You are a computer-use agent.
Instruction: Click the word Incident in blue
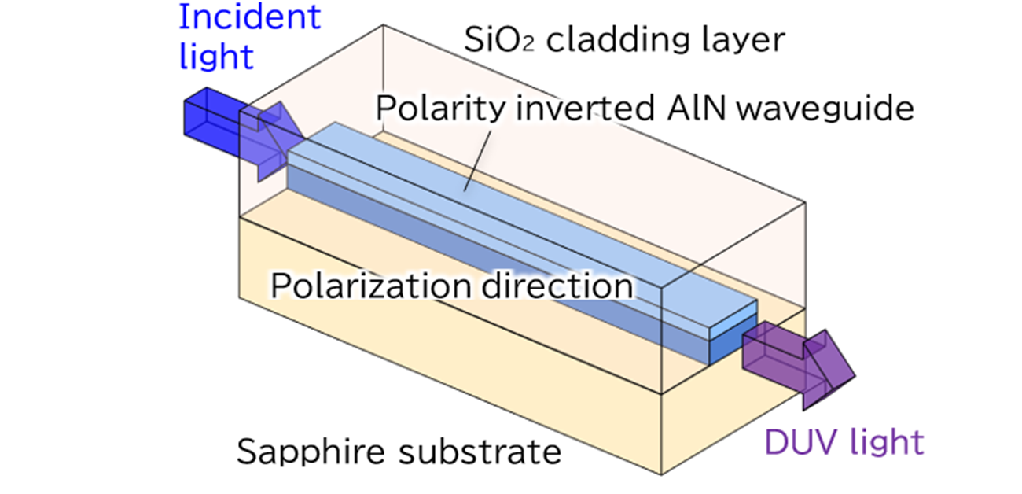(250, 17)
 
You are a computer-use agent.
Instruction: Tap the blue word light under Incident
(216, 57)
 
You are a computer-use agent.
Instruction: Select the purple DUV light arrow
(799, 364)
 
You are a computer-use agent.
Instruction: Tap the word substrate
(480, 452)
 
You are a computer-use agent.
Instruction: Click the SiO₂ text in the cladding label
(499, 39)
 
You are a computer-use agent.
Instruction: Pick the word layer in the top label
(744, 41)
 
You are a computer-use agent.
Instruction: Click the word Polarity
(441, 109)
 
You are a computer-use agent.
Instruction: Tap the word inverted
(586, 109)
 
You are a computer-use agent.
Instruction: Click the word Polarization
(371, 286)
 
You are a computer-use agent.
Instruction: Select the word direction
(557, 286)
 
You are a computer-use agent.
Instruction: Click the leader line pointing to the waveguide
(478, 160)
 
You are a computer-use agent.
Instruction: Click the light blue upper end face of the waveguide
(733, 320)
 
